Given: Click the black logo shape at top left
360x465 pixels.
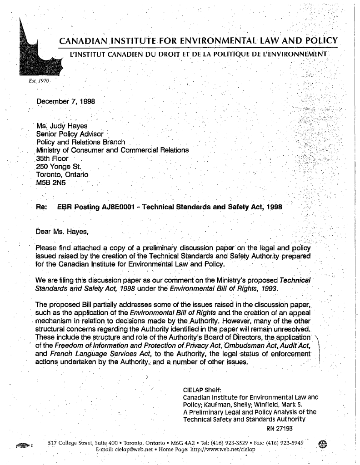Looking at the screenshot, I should point(34,54).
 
